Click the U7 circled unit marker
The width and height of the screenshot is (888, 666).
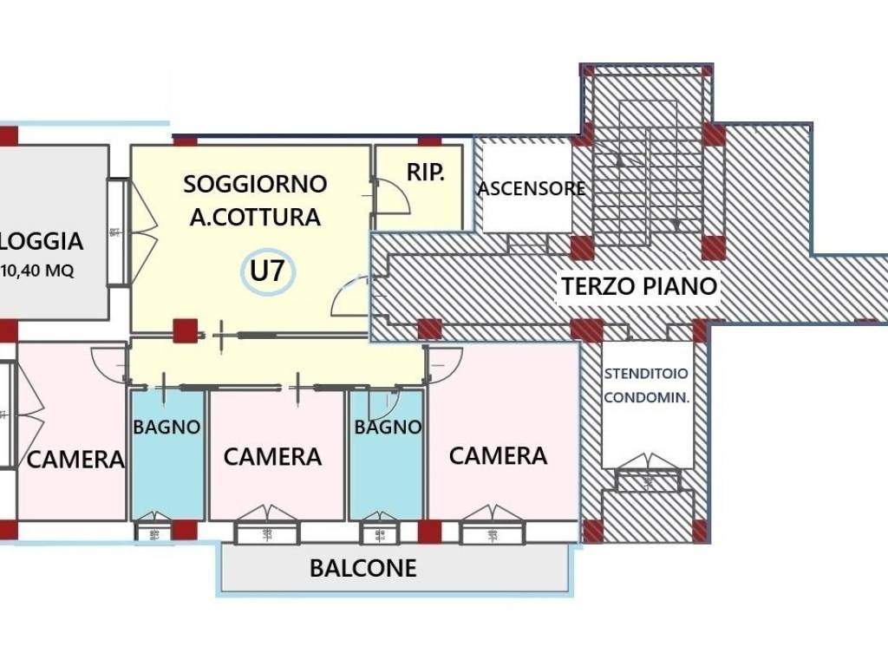pyautogui.click(x=267, y=271)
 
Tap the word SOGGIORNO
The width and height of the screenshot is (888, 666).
pyautogui.click(x=255, y=184)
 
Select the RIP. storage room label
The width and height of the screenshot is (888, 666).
pyautogui.click(x=425, y=173)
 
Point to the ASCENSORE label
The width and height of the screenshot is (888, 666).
pyautogui.click(x=532, y=188)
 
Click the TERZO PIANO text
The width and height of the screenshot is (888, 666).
pyautogui.click(x=639, y=286)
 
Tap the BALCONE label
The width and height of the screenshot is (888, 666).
pyautogui.click(x=363, y=568)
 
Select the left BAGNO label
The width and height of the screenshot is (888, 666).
pyautogui.click(x=166, y=427)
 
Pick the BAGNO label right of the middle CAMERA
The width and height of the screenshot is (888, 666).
pyautogui.click(x=388, y=427)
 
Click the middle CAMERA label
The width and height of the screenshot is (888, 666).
pyautogui.click(x=272, y=456)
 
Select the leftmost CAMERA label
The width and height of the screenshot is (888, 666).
pyautogui.click(x=75, y=459)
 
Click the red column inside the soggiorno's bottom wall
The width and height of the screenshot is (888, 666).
pyautogui.click(x=184, y=331)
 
